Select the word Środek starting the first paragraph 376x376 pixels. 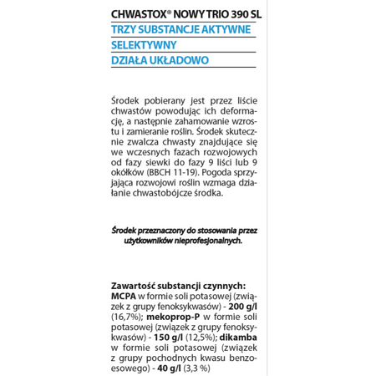tap(129, 100)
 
